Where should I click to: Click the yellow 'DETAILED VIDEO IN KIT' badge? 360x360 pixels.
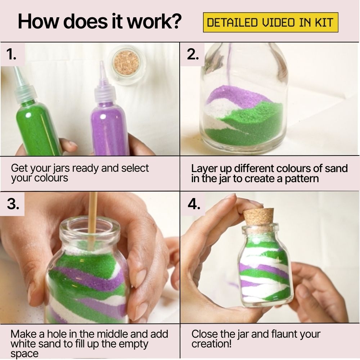(x=270, y=23)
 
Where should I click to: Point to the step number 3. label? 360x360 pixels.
(x=13, y=204)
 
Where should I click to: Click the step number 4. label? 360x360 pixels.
(x=194, y=204)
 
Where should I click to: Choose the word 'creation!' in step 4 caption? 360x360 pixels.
(x=212, y=344)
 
